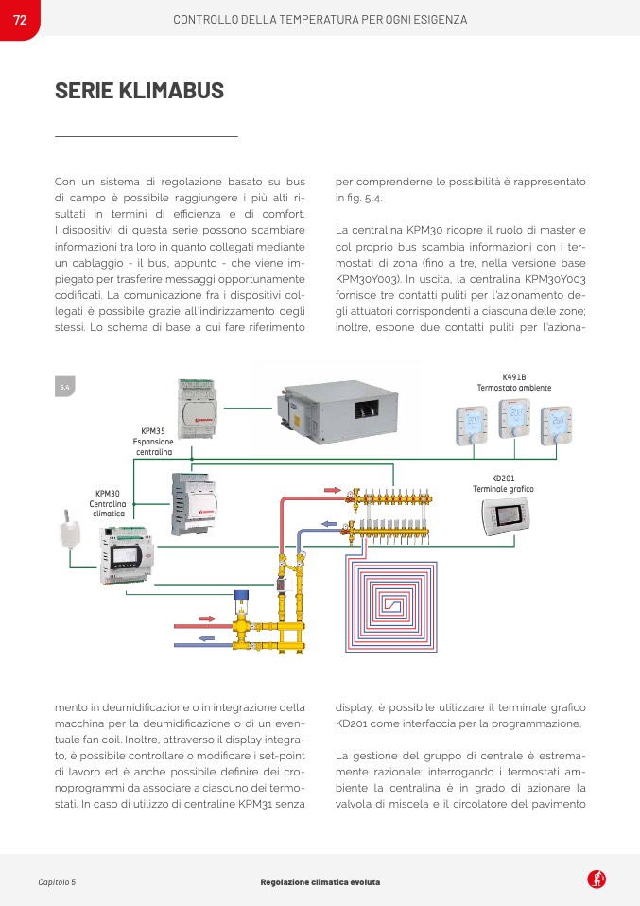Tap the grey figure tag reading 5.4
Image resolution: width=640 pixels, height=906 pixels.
(x=65, y=388)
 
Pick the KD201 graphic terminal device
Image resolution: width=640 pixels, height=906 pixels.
(x=510, y=514)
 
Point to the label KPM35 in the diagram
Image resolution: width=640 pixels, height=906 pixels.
(x=153, y=430)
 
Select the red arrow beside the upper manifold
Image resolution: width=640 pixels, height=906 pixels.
(x=333, y=491)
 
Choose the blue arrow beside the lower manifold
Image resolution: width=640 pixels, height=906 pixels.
(x=328, y=523)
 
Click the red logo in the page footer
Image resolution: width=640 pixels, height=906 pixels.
(x=597, y=880)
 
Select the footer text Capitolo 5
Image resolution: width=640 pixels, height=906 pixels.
(x=57, y=882)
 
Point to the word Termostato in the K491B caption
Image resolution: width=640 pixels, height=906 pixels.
(x=497, y=388)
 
